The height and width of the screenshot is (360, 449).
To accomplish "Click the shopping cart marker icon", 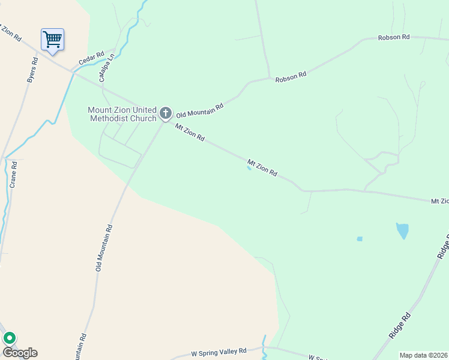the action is (52, 40).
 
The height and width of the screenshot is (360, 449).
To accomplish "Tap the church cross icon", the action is (166, 113).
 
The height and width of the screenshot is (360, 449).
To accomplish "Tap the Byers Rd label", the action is (32, 71).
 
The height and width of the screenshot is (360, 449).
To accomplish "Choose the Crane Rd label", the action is (13, 174).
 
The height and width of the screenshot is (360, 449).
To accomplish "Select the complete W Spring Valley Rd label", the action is (218, 352).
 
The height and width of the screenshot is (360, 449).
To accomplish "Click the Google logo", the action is (20, 353).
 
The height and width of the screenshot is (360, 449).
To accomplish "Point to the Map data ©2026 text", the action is (424, 355).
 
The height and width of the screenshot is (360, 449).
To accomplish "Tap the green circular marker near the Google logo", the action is (10, 339).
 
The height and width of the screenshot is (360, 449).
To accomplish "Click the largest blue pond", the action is (402, 230).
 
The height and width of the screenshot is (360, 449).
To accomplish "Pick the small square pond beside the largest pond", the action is (360, 239).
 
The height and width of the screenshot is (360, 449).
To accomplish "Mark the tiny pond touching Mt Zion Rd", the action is (249, 168).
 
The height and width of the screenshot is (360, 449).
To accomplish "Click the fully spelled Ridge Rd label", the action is (399, 325).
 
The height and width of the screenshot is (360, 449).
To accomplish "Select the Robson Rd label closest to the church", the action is (291, 77).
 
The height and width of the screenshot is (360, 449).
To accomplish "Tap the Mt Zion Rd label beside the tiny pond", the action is (262, 167).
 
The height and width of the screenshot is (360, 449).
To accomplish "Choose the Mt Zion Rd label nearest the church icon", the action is (190, 133).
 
